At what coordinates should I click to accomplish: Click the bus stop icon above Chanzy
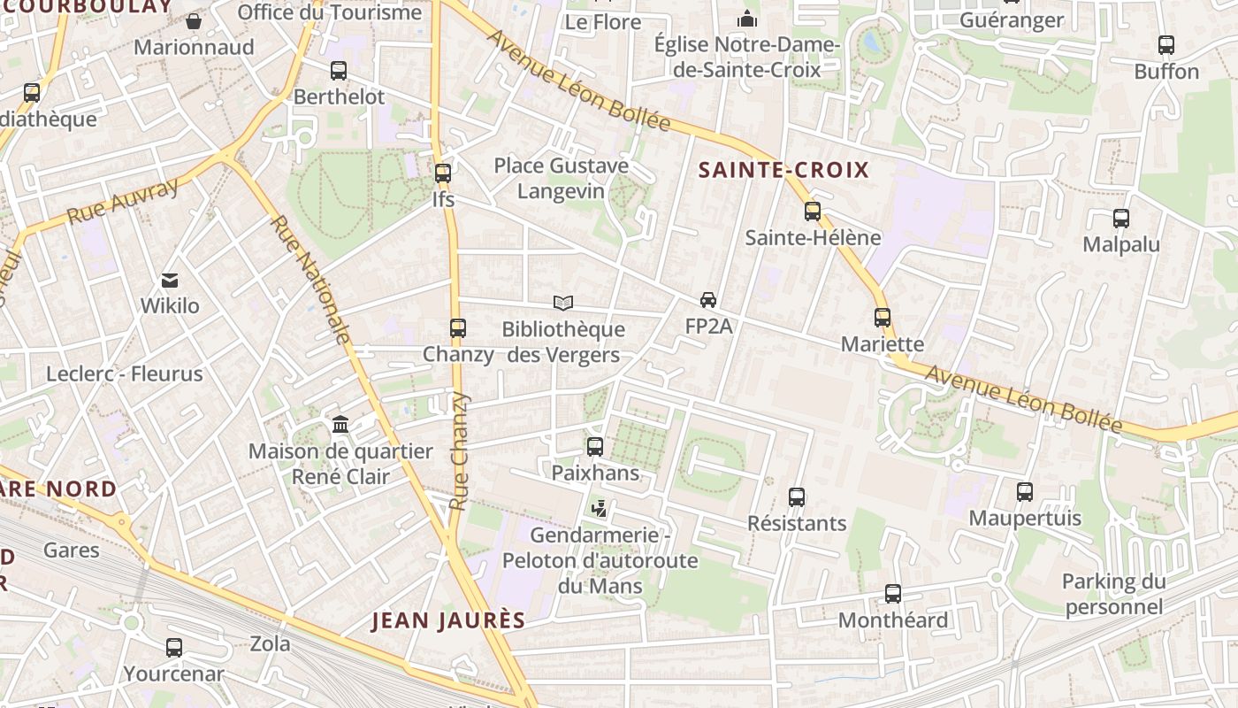click(457, 328)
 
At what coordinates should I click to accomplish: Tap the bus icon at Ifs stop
click(443, 173)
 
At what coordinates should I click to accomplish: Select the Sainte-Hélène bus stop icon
click(813, 212)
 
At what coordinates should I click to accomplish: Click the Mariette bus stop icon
click(882, 318)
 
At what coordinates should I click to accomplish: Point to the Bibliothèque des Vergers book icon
click(563, 304)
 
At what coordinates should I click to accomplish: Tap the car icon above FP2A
click(708, 300)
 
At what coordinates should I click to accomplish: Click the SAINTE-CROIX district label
click(784, 170)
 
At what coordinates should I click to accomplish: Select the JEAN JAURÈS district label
click(448, 620)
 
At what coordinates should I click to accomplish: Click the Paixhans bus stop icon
click(595, 447)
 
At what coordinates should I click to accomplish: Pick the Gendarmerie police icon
click(600, 508)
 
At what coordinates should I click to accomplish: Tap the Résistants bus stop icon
click(797, 497)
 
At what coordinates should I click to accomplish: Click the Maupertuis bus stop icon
click(1025, 492)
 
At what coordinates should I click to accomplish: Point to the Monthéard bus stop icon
click(893, 594)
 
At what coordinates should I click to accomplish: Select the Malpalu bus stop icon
click(1121, 218)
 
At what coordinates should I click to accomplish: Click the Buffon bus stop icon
click(1166, 45)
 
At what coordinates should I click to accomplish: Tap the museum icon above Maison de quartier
click(340, 425)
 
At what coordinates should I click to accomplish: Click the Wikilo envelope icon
click(170, 281)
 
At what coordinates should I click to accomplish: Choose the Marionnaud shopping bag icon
click(194, 20)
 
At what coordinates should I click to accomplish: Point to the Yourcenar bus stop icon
click(174, 648)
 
